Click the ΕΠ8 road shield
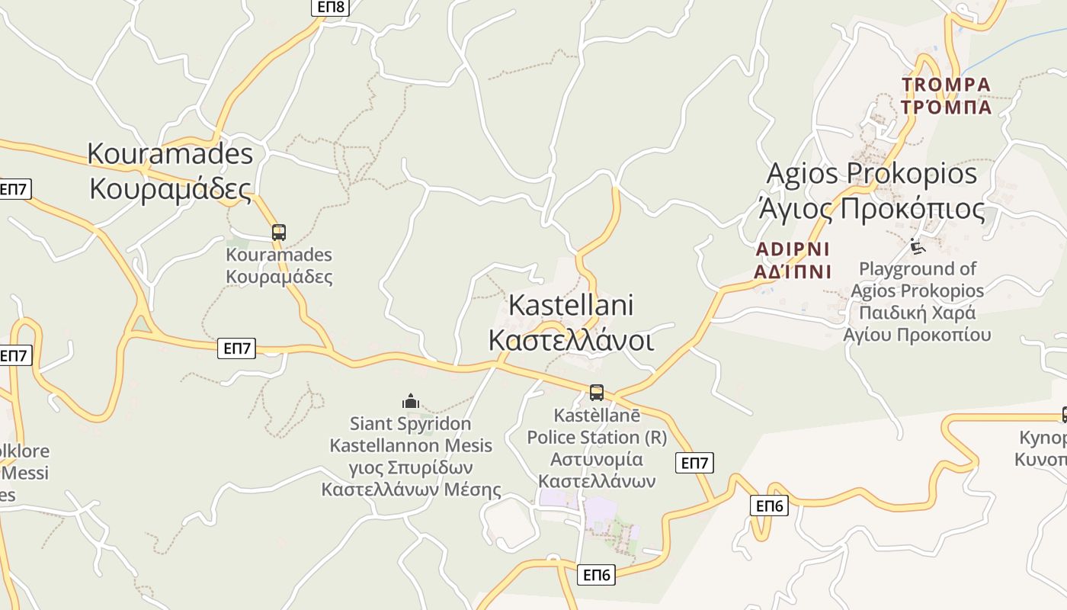(331, 7)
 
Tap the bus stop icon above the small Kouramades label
(279, 233)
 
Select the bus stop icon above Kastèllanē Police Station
(597, 393)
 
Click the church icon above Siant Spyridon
(411, 401)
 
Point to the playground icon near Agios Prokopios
(918, 246)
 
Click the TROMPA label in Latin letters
(946, 84)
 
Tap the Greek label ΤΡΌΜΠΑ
(946, 106)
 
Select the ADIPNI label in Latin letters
(793, 249)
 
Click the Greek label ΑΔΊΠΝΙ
(793, 271)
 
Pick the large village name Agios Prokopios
(871, 173)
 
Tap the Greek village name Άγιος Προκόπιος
(871, 208)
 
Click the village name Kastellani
(571, 305)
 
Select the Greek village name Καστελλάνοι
(571, 340)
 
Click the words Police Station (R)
(597, 438)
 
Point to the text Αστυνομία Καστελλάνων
(597, 470)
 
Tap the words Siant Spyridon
(410, 423)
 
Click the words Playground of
(918, 268)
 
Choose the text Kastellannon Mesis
(411, 445)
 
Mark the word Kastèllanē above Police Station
(597, 416)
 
